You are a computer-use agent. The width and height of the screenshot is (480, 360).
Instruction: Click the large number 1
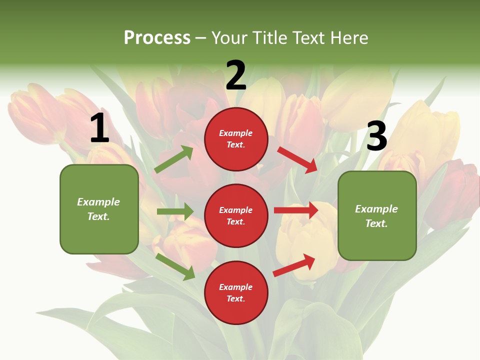pos(99,128)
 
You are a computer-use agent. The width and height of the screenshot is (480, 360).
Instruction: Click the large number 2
pos(236,75)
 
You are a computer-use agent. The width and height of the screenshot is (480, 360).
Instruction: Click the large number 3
pos(376,136)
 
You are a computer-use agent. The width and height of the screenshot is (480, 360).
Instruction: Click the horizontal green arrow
pos(175,211)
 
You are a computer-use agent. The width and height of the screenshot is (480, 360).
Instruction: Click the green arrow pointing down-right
pos(175,266)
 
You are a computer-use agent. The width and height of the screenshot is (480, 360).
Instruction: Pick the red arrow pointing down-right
pos(298,159)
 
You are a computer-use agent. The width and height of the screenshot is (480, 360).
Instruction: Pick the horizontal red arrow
pos(296,210)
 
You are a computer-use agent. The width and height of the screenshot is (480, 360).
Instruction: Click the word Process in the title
pos(157,37)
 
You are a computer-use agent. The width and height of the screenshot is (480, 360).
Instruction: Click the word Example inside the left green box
pos(98,202)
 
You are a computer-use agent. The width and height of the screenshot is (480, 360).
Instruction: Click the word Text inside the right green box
pos(376,223)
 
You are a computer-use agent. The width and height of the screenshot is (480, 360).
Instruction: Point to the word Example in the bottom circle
pos(235,287)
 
